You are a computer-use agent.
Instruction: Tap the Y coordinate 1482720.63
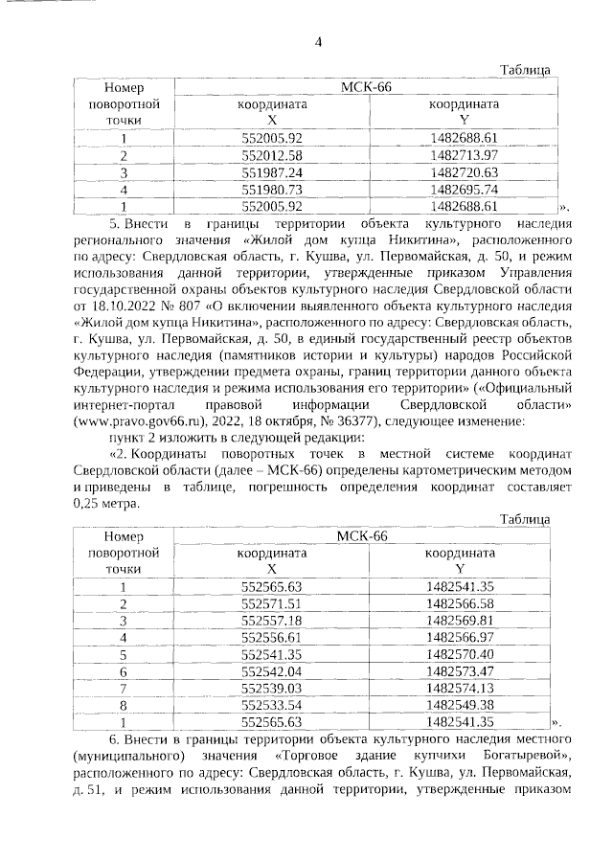[x=465, y=172]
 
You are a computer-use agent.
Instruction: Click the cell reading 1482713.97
[x=465, y=155]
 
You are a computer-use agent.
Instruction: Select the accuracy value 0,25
[x=90, y=503]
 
